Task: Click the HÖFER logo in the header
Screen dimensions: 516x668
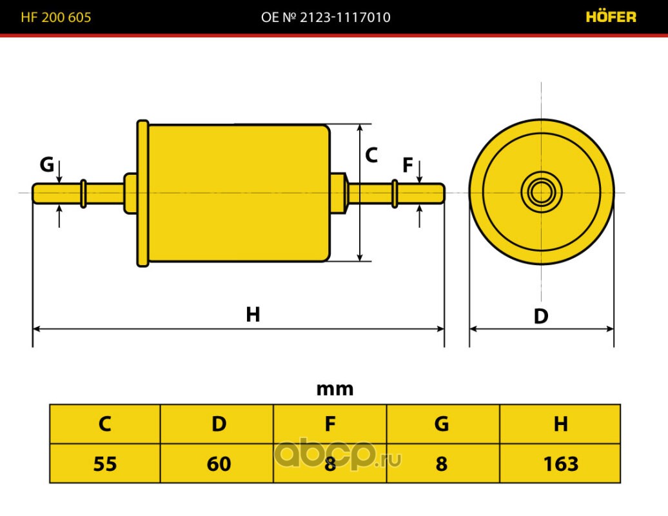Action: pos(611,17)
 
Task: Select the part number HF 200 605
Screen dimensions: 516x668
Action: pos(56,17)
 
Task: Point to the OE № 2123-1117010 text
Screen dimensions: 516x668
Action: pos(326,17)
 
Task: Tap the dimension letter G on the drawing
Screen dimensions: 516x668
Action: pos(46,165)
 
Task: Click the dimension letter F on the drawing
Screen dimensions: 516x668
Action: pos(408,166)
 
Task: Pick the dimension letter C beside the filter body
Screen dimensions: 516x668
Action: pos(371,155)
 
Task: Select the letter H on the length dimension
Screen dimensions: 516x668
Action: pos(253,315)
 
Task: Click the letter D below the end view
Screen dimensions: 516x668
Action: pos(540,316)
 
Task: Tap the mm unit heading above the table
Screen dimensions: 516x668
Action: pos(335,389)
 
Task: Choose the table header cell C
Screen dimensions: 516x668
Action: pos(105,424)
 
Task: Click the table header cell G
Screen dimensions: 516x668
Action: pos(442,424)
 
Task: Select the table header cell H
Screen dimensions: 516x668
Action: pos(560,424)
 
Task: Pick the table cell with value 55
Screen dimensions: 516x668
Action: pos(105,463)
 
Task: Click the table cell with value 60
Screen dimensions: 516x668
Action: pos(219,463)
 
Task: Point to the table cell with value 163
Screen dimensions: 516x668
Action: pos(560,463)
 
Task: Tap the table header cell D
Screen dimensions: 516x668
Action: pos(219,424)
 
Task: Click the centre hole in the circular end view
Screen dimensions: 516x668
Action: pos(541,192)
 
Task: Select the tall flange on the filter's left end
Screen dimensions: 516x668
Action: pos(142,193)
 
